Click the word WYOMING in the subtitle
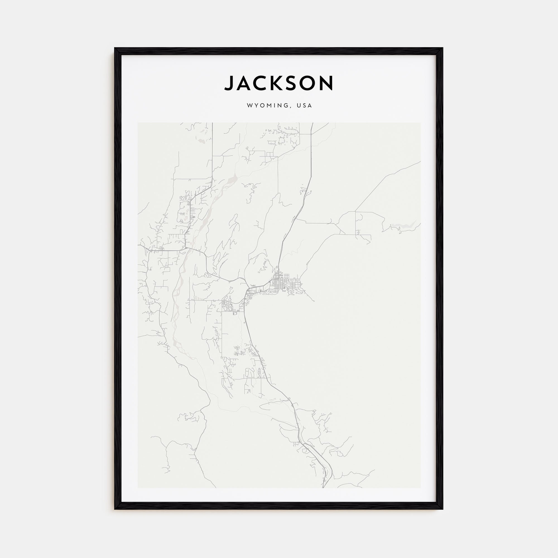pyautogui.click(x=268, y=106)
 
